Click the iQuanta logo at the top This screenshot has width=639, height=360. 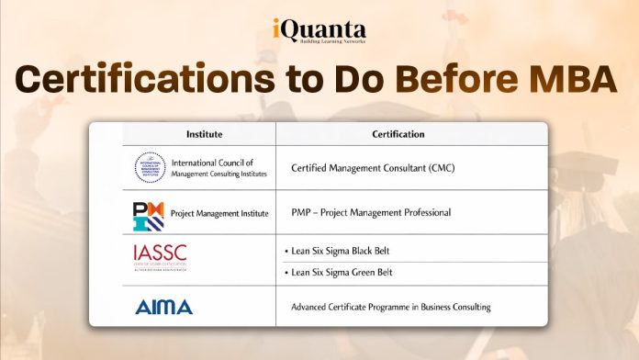[x=319, y=28]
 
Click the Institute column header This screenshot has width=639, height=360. [x=204, y=134]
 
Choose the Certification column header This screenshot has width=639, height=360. [x=398, y=134]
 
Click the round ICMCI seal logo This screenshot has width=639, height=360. [x=150, y=167]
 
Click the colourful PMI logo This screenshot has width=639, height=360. [x=149, y=214]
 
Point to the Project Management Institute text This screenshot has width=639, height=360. [x=219, y=214]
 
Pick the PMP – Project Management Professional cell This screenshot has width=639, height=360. [x=370, y=213]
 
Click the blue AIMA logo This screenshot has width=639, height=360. [x=163, y=307]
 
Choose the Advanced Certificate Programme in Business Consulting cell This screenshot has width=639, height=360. [x=390, y=307]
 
